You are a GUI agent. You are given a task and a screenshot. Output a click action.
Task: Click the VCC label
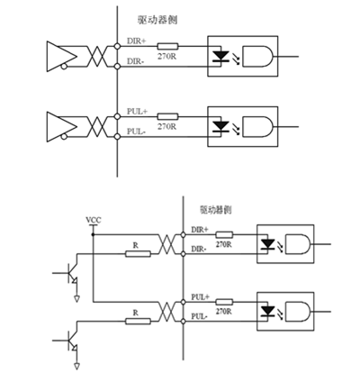pyautogui.click(x=94, y=220)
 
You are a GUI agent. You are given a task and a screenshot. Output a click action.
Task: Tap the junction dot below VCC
pyautogui.click(x=93, y=234)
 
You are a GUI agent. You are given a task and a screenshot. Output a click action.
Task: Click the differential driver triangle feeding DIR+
pyautogui.click(x=62, y=57)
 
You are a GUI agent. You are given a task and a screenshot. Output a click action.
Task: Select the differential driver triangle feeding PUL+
pyautogui.click(x=62, y=127)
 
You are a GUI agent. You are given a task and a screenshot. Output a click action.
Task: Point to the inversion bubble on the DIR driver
pyautogui.click(x=64, y=67)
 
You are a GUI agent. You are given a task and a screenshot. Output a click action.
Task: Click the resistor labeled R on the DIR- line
pyautogui.click(x=138, y=254)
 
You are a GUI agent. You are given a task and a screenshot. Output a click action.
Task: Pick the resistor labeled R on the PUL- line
pyautogui.click(x=138, y=322)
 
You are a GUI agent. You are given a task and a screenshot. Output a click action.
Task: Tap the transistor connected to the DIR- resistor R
pyautogui.click(x=72, y=273)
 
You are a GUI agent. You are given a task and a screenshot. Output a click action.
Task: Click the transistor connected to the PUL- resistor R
pyautogui.click(x=72, y=341)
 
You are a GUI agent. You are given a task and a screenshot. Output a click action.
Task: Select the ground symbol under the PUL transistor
pyautogui.click(x=77, y=367)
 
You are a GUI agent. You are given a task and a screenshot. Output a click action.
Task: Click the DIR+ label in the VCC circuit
pyautogui.click(x=200, y=230)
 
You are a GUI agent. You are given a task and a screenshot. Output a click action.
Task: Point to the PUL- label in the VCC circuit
pyautogui.click(x=199, y=316)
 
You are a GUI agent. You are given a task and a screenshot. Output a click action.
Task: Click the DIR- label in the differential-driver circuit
pyautogui.click(x=135, y=61)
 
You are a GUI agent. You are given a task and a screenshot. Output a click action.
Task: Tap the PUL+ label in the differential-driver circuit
pyautogui.click(x=137, y=112)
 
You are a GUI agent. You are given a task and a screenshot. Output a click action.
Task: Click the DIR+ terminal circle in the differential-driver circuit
pyautogui.click(x=117, y=46)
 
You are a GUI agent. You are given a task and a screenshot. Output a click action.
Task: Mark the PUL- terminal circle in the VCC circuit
pyautogui.click(x=183, y=322)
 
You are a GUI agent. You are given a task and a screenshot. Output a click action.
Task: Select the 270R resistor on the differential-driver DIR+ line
pyautogui.click(x=167, y=46)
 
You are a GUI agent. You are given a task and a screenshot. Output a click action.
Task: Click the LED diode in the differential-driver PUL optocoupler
pyautogui.click(x=220, y=126)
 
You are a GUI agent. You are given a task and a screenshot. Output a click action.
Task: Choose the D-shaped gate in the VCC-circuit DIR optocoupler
pyautogui.click(x=298, y=244)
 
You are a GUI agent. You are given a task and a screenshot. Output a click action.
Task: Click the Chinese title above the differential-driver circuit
pyautogui.click(x=157, y=20)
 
